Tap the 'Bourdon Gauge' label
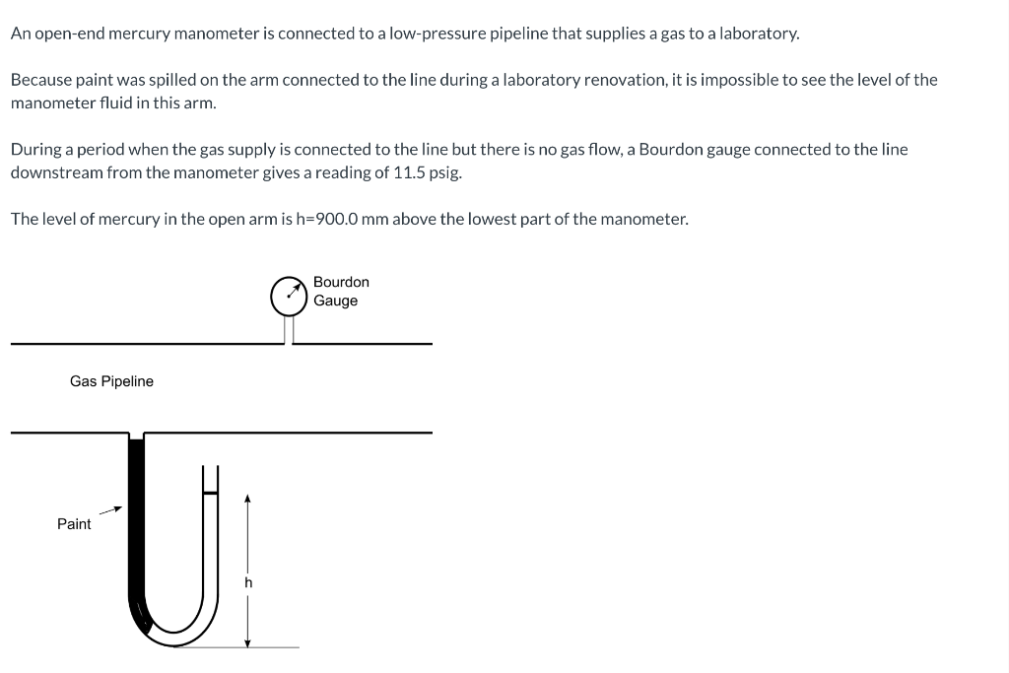point(341,292)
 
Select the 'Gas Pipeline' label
point(111,381)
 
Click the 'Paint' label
point(74,524)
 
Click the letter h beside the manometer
point(248,582)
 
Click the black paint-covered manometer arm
point(136,522)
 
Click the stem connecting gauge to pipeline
point(289,329)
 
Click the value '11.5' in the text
point(407,172)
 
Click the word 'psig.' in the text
point(443,172)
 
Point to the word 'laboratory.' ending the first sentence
point(759,34)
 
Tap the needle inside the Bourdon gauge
point(291,292)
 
